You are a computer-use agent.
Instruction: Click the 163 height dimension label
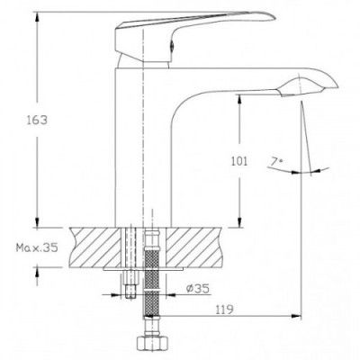(x=38, y=121)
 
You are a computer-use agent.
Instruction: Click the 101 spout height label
(x=239, y=161)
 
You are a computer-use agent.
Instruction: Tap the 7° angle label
(x=276, y=162)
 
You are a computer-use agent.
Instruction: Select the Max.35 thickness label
(x=37, y=247)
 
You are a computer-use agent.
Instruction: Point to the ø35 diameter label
(x=197, y=289)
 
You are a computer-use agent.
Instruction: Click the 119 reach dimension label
(x=224, y=310)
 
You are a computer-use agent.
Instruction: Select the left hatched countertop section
(x=95, y=247)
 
